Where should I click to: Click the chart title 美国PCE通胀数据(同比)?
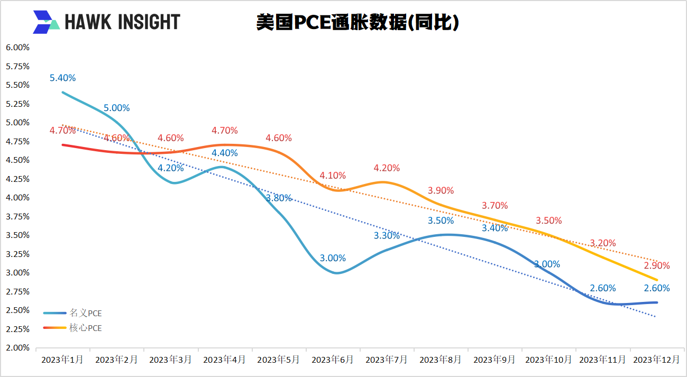coord(357,22)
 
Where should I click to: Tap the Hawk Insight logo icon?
coord(45,22)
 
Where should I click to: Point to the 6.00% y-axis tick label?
coord(17,47)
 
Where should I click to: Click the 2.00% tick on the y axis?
coord(17,348)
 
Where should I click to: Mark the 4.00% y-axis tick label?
coord(17,198)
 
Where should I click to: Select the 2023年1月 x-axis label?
coord(62,360)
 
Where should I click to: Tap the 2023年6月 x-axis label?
coord(333,360)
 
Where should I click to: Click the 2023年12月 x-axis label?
coord(656,360)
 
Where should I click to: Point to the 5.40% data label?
coord(62,78)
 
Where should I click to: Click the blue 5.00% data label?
coord(116,108)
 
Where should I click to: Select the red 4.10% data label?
coord(333,176)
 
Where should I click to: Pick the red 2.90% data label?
coord(657,265)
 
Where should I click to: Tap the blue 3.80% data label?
coord(279,198)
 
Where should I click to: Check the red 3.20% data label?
coord(603,243)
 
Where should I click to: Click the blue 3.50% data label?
coord(441,220)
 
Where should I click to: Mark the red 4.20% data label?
coord(387,168)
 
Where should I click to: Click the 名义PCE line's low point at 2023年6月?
coord(336,273)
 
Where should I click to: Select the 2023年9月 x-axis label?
coord(494,360)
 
